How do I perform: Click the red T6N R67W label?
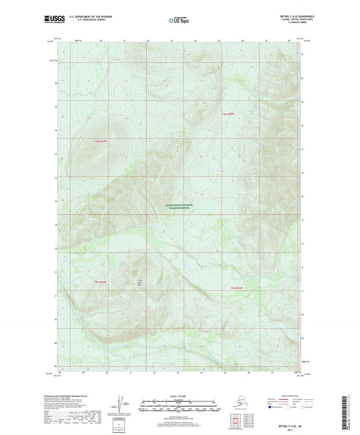[x=102, y=140]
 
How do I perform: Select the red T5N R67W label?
[x=101, y=282]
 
